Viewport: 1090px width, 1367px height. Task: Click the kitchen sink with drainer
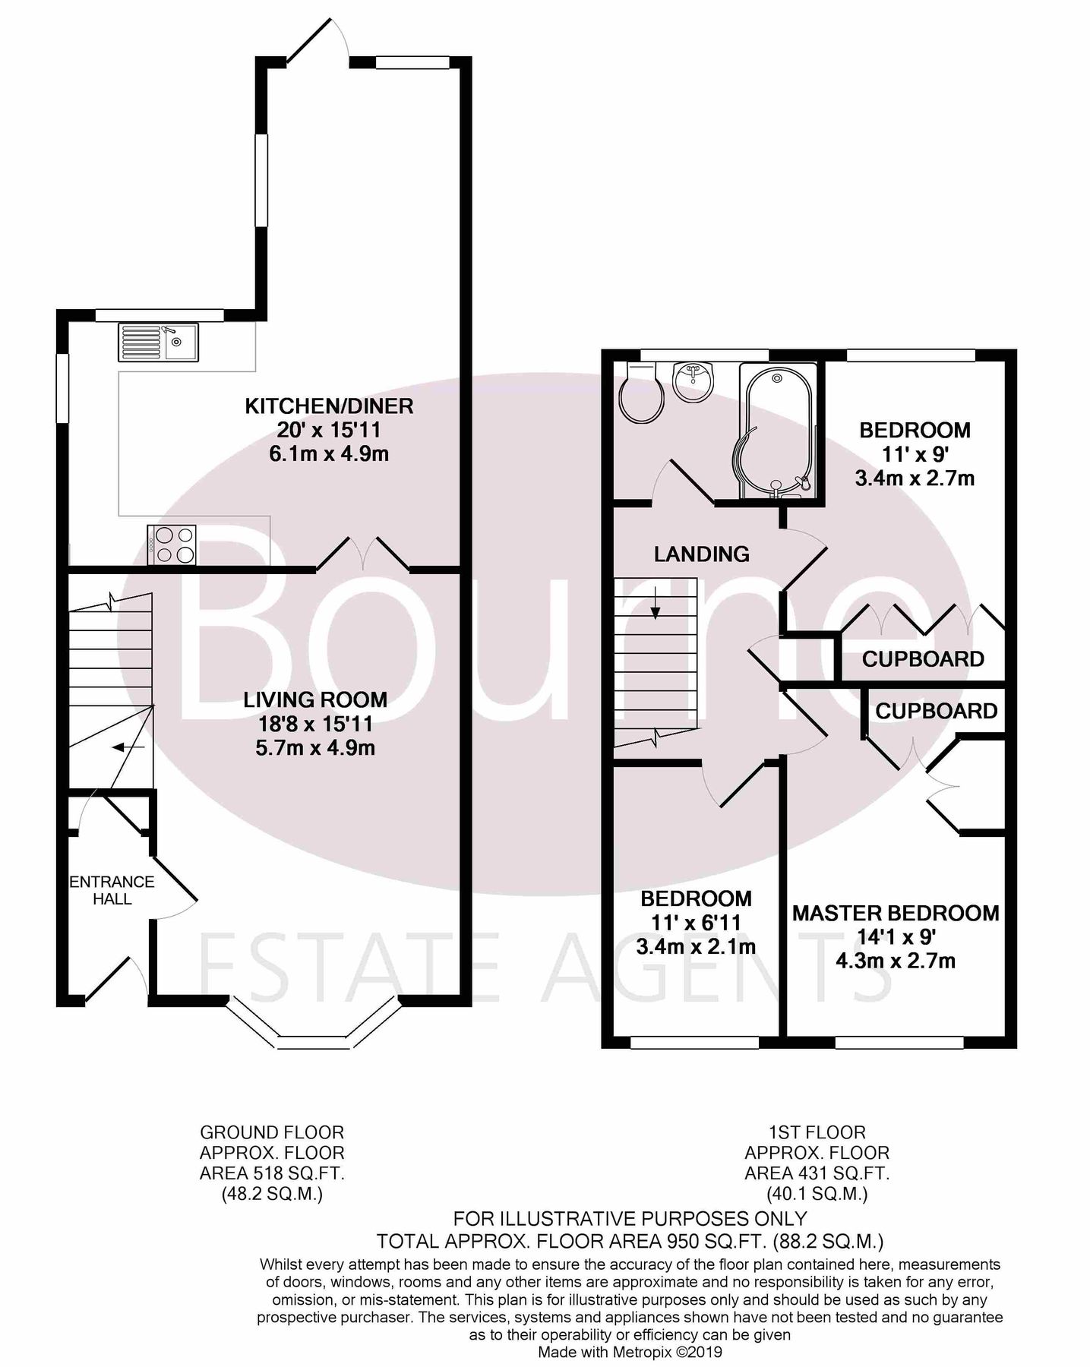click(x=157, y=342)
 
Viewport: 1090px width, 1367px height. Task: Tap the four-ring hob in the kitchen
click(x=172, y=545)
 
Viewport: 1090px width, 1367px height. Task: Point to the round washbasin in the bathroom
click(x=692, y=383)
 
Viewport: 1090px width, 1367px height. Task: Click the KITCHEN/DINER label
click(x=329, y=406)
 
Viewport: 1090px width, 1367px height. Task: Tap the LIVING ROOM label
click(x=315, y=699)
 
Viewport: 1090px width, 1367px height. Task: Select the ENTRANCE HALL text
click(x=112, y=890)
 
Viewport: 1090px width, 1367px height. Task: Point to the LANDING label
click(x=701, y=554)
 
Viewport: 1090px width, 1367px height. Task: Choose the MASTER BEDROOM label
click(x=896, y=912)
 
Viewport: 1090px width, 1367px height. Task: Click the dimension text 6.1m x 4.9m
click(x=329, y=454)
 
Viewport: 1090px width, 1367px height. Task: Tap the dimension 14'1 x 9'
click(x=896, y=936)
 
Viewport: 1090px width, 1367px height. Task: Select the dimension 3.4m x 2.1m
click(x=696, y=947)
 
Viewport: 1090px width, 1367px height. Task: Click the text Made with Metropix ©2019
click(x=630, y=1353)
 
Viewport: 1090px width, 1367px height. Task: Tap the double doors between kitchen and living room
click(x=363, y=554)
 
